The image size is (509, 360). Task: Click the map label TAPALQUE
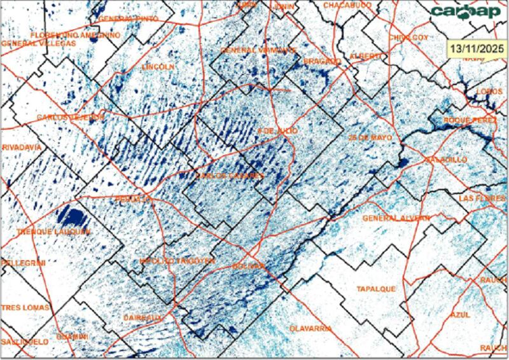[x=376, y=289]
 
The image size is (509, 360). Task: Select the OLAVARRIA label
[x=310, y=328]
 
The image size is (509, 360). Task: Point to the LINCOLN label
[x=158, y=66]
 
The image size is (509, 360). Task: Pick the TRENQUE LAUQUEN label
[x=53, y=232]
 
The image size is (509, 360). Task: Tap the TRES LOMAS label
[x=25, y=308]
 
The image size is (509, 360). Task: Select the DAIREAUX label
[x=144, y=316]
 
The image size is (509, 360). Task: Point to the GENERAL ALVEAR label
[x=396, y=218]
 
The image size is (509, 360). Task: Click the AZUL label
[x=459, y=315]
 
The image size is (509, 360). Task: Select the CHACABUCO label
[x=347, y=5]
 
